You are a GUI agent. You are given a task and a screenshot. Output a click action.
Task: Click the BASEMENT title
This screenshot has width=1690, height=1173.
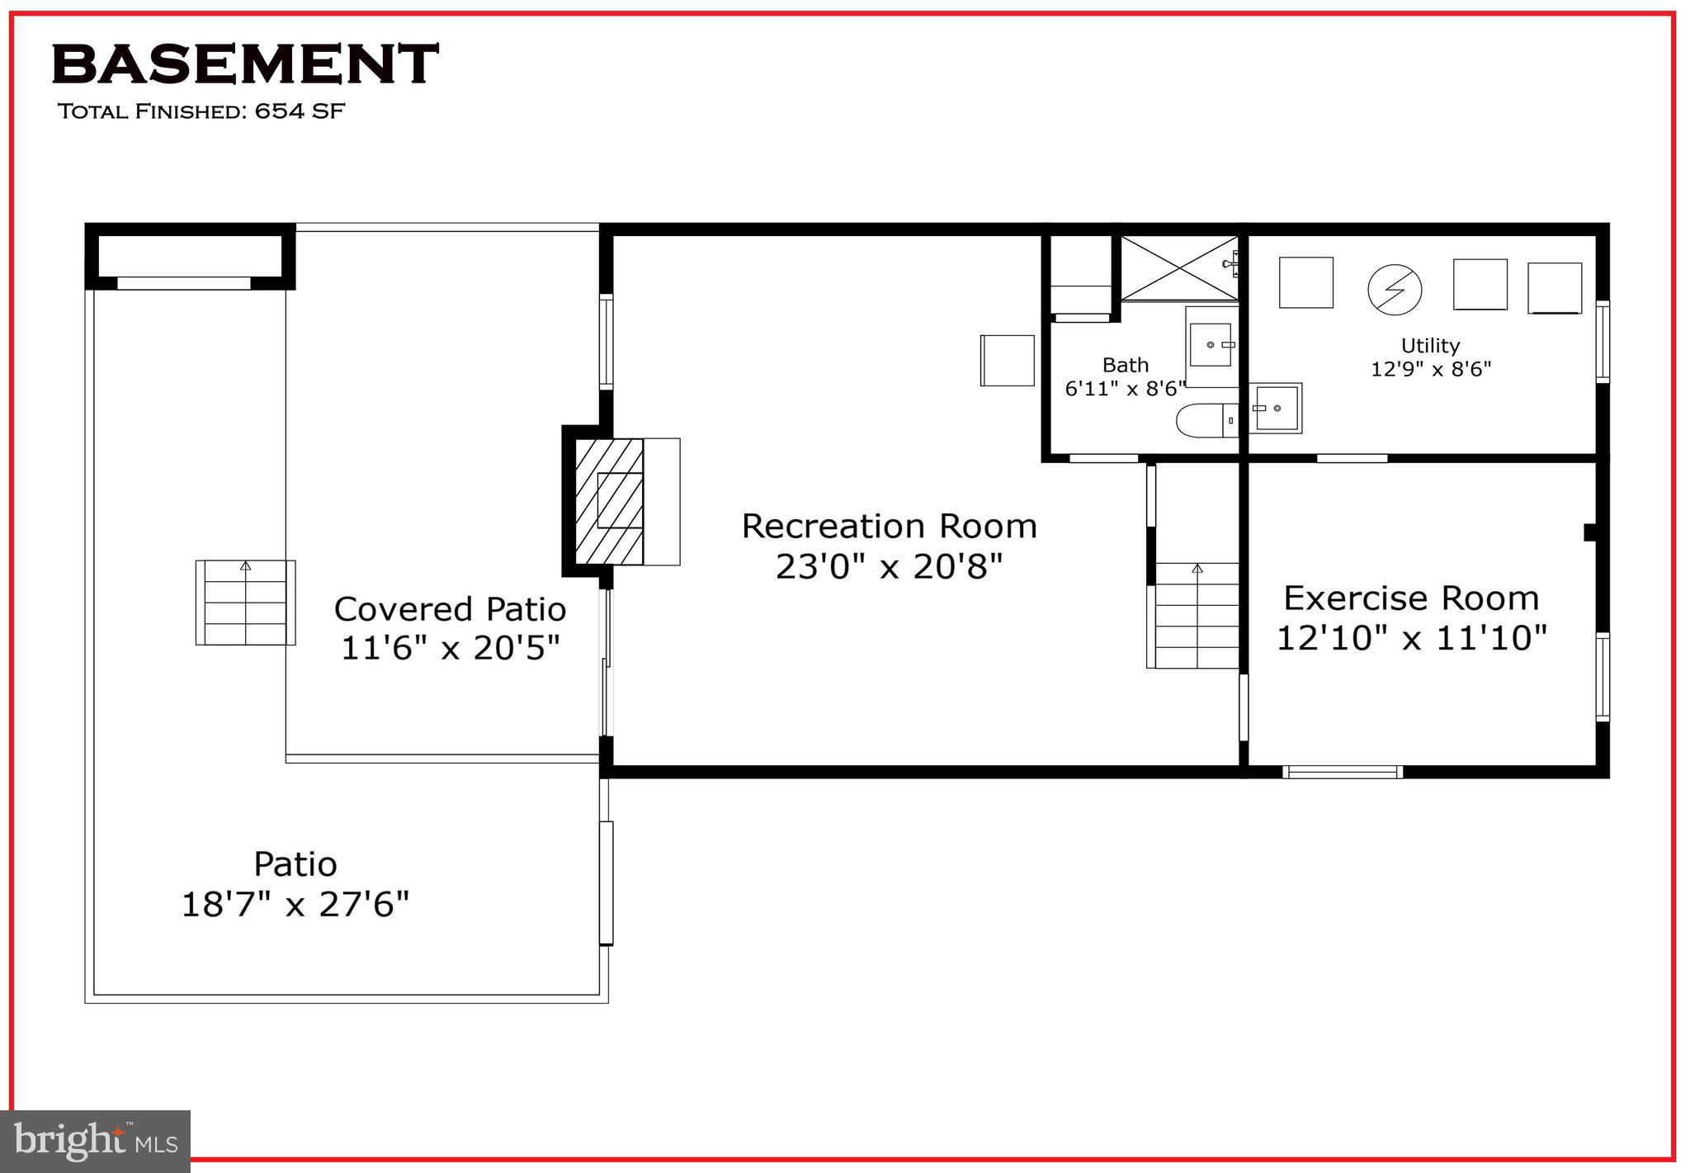pos(245,64)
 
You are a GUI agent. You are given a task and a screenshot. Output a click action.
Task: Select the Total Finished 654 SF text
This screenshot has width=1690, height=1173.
pos(201,111)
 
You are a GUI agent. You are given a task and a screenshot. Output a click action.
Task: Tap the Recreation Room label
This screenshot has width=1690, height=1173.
pos(889,527)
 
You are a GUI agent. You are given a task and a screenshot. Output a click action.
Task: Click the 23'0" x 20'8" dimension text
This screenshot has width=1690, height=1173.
pos(889,567)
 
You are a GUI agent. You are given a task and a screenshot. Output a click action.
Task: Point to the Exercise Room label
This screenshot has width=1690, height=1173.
pos(1411,598)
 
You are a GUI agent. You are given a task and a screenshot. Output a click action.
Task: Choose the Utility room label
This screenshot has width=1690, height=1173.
pos(1430,346)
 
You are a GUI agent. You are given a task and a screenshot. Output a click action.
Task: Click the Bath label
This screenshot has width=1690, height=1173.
pos(1125,365)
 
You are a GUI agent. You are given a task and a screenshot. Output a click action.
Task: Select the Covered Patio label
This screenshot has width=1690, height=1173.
pos(450,609)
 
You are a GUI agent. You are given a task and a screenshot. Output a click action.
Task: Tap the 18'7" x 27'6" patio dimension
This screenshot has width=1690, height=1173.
pos(295,905)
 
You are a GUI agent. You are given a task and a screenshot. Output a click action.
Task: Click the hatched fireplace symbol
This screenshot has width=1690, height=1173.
pos(609,501)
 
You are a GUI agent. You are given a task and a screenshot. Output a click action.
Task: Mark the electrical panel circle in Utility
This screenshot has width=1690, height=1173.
pos(1395,289)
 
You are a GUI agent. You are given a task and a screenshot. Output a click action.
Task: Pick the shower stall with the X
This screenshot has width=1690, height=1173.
pos(1179,268)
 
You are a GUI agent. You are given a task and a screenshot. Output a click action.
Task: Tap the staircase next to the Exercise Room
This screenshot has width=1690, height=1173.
pos(1197,615)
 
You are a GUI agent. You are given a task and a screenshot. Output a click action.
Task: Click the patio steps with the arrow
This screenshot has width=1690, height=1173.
pos(245,603)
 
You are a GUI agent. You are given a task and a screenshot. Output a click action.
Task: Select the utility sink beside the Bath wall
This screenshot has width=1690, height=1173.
pos(1276,408)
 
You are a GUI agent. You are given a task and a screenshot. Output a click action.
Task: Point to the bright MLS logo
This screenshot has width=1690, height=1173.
pos(96,1141)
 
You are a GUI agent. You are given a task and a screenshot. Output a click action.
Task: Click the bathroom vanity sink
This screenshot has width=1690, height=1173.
pos(1211,344)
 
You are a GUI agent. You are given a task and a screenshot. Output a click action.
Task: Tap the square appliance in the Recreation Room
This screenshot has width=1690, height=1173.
pos(1007,360)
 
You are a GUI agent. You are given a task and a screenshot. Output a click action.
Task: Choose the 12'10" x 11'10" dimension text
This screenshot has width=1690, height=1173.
pos(1411,638)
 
